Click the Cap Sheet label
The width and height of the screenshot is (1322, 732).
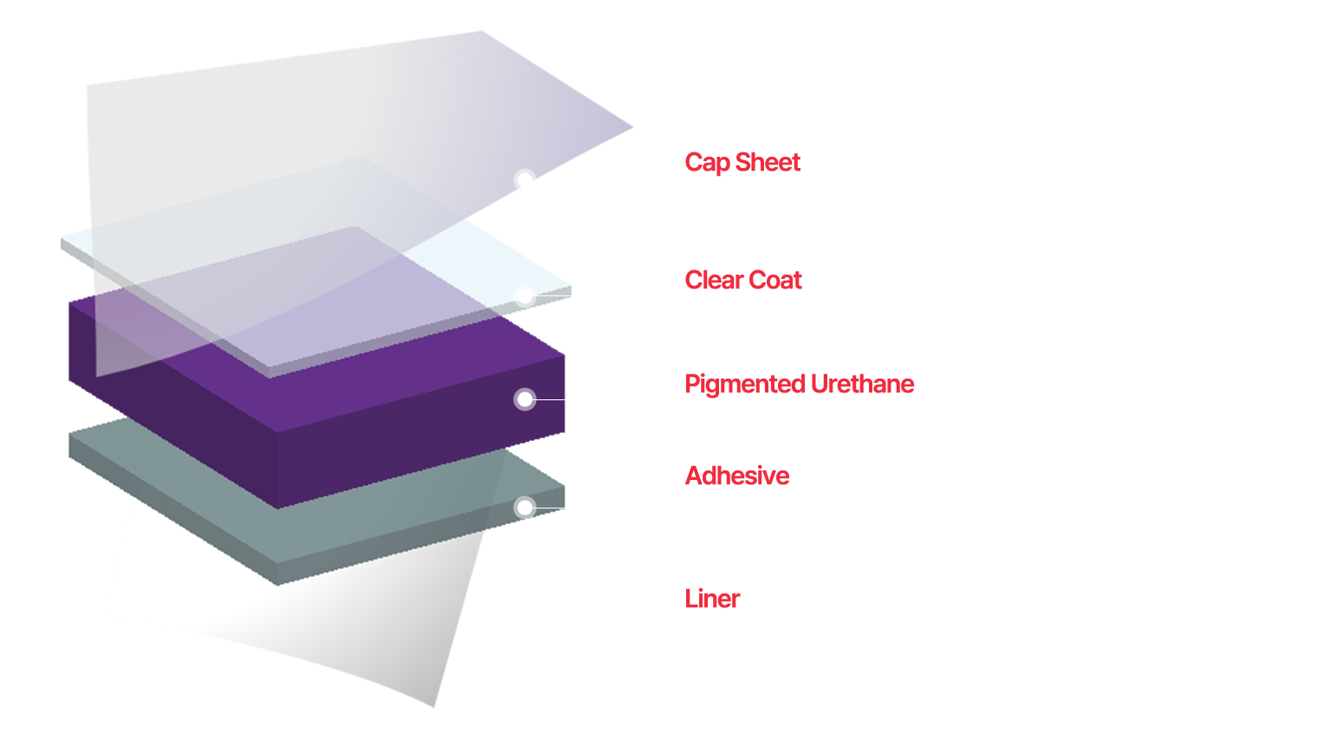click(x=742, y=163)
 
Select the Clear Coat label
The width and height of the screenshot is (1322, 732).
click(x=742, y=281)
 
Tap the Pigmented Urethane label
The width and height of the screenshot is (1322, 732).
click(x=799, y=384)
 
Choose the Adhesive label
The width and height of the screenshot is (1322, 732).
click(x=736, y=476)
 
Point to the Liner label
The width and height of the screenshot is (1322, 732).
click(x=712, y=599)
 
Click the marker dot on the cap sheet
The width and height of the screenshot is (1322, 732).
click(x=524, y=180)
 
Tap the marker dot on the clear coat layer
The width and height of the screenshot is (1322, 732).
click(x=524, y=296)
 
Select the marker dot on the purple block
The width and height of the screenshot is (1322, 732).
click(x=525, y=399)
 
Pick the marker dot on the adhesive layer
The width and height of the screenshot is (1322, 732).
click(x=525, y=508)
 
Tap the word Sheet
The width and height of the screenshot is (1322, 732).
click(x=768, y=163)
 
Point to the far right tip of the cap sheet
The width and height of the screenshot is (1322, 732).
click(x=633, y=127)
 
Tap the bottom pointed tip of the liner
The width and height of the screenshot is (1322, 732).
click(x=434, y=707)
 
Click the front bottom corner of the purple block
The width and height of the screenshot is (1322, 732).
click(x=277, y=508)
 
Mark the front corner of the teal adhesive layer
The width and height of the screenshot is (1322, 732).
click(x=278, y=584)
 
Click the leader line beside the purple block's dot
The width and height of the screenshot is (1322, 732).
click(x=551, y=399)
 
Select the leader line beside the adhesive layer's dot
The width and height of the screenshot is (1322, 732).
click(x=551, y=508)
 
